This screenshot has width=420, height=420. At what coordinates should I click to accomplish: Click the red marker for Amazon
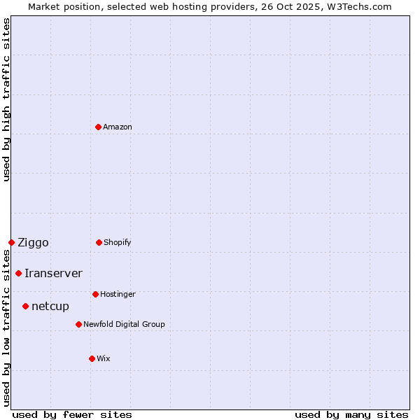point(98,127)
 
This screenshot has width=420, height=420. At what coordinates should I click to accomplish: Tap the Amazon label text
point(117,127)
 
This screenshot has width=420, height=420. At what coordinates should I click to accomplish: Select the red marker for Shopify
point(99,242)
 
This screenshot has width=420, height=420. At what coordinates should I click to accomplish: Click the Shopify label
point(117,242)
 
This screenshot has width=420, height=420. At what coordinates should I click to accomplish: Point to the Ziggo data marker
point(11,242)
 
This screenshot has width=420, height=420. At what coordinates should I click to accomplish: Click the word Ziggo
point(33,243)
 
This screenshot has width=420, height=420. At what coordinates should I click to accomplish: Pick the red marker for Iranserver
point(18,273)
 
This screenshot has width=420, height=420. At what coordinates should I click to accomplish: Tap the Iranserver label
point(53,274)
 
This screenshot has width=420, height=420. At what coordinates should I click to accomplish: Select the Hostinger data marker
point(95,294)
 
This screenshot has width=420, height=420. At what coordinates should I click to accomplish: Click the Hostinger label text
point(118,294)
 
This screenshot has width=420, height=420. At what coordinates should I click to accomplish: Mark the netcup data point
point(25,306)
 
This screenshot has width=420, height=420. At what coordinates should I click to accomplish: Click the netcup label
point(50,307)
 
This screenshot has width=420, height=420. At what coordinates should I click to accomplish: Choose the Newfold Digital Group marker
point(78,324)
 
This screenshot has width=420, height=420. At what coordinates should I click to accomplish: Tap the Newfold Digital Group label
point(124,324)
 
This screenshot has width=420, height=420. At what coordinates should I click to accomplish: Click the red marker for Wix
point(92,358)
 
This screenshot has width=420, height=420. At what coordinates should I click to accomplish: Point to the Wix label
point(103,358)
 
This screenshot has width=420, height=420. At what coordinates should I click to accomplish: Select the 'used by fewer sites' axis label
point(72,414)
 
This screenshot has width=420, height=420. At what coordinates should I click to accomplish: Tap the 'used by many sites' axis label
point(351,414)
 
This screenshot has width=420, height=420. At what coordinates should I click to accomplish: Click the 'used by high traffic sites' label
point(6,99)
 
